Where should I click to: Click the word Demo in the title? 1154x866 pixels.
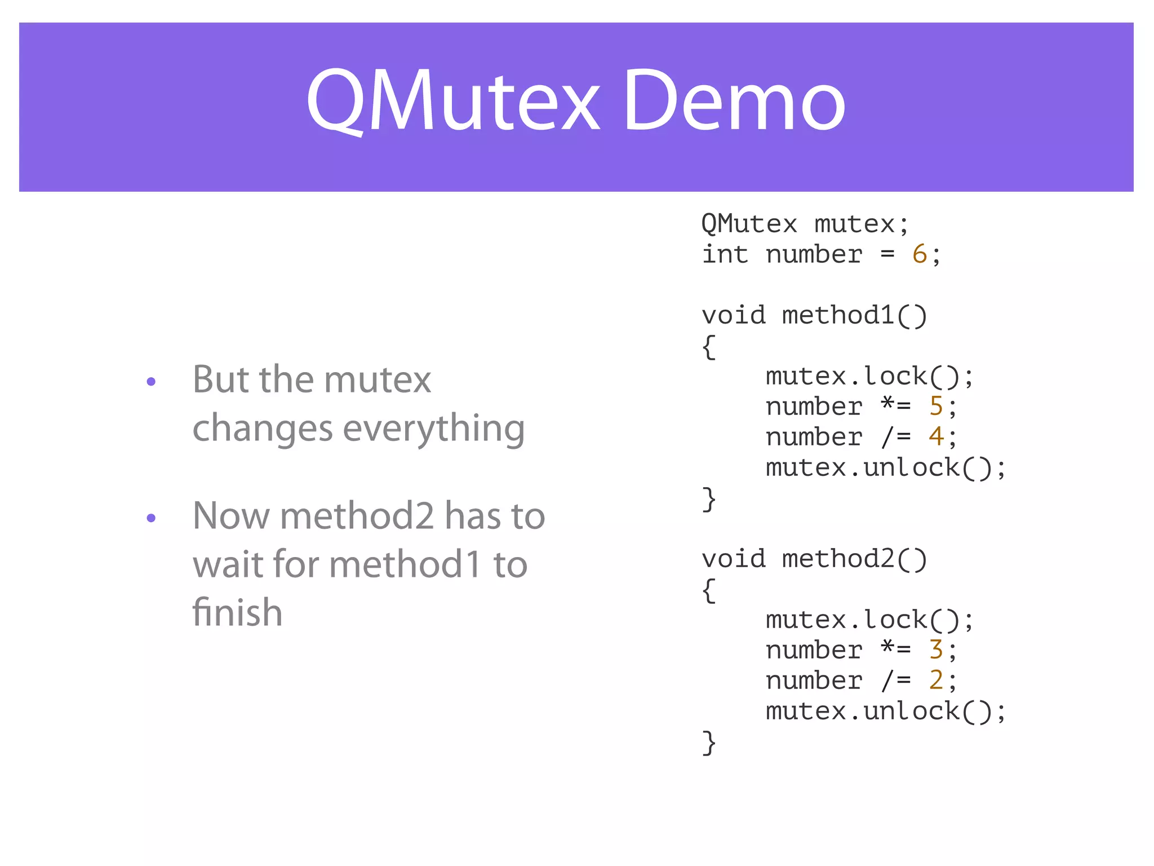734,101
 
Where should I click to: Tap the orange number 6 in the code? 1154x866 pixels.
919,254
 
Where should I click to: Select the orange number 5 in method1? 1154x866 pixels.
935,407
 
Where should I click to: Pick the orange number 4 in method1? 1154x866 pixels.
935,437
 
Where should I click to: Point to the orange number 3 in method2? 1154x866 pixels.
935,650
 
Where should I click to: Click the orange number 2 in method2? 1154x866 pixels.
935,681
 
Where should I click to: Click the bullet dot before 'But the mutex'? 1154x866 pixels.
151,382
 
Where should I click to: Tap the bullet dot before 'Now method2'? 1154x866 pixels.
151,518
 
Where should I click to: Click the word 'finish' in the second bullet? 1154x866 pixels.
237,613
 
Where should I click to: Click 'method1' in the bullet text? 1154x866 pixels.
405,564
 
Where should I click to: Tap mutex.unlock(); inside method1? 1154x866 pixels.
885,467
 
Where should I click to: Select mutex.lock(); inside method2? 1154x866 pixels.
869,620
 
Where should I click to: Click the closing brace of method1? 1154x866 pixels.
709,499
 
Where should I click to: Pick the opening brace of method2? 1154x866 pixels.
709,590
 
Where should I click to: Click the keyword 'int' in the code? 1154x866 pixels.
725,254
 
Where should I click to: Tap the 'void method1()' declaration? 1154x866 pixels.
814,315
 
